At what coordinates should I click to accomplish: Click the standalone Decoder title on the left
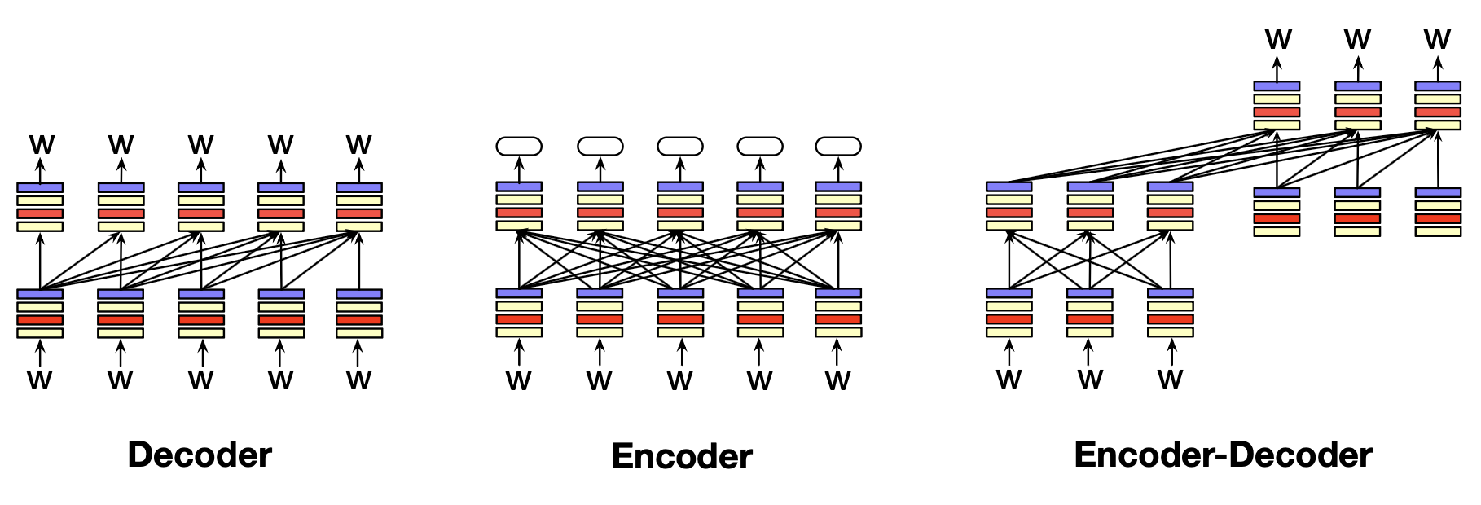pos(200,455)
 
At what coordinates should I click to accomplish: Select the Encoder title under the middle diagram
pos(682,456)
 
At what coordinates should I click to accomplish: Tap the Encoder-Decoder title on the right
pos(1223,455)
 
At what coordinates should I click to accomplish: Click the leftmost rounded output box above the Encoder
pos(519,147)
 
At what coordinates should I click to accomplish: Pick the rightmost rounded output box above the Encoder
pos(838,147)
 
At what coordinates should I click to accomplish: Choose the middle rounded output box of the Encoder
pos(680,147)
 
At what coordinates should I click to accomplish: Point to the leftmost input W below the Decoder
pos(39,380)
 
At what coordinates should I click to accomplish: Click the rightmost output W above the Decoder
pos(358,145)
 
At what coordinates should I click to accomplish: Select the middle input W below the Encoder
pos(679,381)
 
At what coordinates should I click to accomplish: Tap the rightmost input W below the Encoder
pos(837,381)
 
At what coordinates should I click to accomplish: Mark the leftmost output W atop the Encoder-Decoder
pos(1278,39)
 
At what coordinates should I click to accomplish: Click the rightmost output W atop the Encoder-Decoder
pos(1437,39)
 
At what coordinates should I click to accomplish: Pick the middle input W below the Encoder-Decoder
pos(1090,380)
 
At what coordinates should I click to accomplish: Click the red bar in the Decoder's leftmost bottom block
pos(40,320)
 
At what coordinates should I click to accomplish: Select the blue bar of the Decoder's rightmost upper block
pos(359,187)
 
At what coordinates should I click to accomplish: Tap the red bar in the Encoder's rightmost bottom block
pos(838,319)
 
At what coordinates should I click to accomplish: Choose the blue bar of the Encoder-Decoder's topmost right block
pos(1438,86)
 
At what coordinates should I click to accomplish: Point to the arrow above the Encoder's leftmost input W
pos(519,353)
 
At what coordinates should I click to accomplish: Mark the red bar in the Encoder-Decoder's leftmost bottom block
pos(1009,319)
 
